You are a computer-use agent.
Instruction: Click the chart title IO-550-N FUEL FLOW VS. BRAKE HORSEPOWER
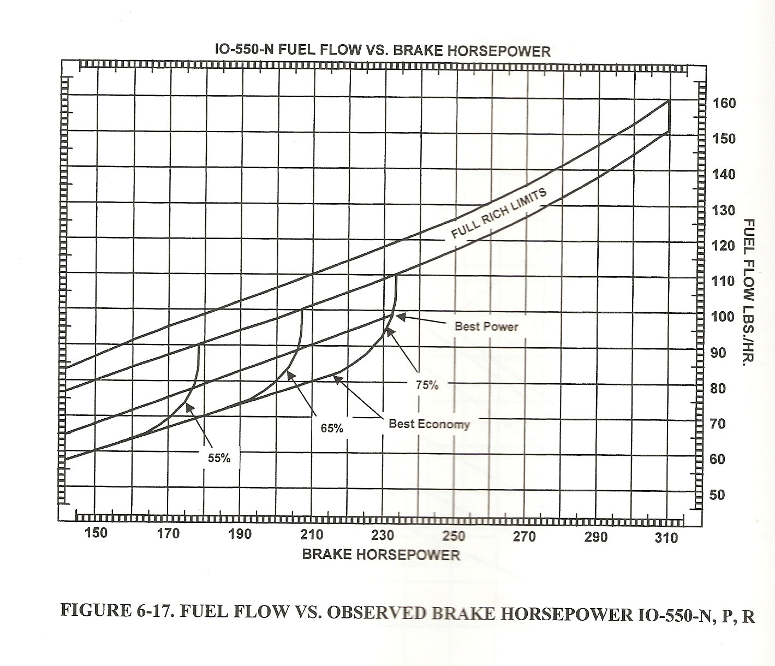tap(382, 51)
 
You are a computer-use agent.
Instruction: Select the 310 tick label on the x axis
tap(666, 537)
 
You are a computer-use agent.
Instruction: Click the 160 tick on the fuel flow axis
tap(724, 103)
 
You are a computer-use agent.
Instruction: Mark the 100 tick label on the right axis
tap(724, 317)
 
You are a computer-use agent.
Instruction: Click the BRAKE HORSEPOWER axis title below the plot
tap(381, 555)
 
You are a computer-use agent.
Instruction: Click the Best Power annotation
tap(486, 326)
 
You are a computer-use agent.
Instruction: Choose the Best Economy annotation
tap(429, 424)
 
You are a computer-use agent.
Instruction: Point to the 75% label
tap(427, 385)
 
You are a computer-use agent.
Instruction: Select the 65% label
tap(332, 429)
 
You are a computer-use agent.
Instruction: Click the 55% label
tap(219, 458)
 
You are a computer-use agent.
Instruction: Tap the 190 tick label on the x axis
tap(240, 534)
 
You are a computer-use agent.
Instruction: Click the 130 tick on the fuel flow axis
tap(724, 210)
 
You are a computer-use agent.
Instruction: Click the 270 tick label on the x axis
tap(524, 537)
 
